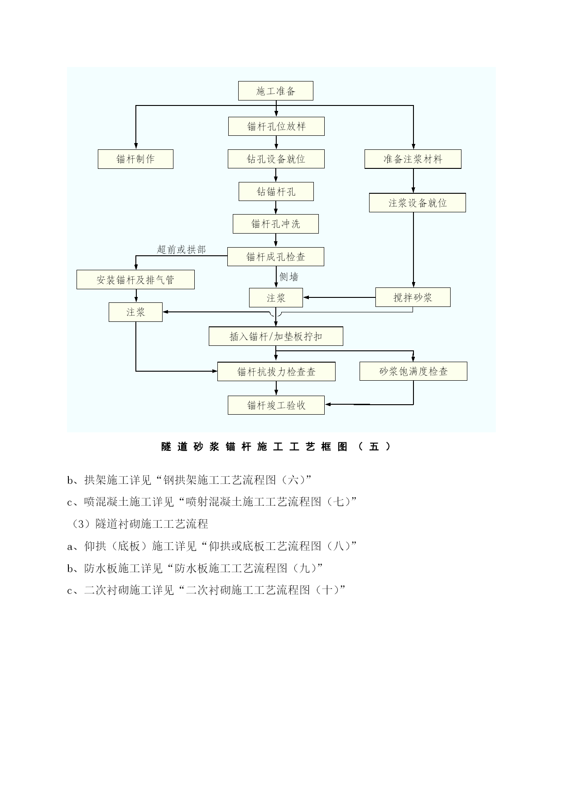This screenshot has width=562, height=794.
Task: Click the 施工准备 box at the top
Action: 275,91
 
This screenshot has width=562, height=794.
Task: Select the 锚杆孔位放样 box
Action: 276,126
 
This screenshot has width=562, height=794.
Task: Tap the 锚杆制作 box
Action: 135,159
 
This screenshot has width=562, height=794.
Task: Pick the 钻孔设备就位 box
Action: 276,159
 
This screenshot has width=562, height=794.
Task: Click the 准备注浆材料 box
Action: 413,159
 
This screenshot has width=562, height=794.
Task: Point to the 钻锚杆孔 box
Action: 276,191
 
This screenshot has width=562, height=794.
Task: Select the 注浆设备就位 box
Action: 417,203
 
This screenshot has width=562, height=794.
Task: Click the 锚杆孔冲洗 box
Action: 275,224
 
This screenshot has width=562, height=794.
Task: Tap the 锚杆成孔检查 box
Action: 275,257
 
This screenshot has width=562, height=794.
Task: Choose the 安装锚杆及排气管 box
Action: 135,280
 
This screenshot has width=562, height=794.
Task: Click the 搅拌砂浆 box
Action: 413,297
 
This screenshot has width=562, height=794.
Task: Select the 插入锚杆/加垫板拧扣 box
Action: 276,336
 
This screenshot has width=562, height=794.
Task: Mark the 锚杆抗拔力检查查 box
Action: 276,372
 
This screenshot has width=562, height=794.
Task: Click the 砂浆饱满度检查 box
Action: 413,371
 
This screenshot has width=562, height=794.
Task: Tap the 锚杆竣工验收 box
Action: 276,405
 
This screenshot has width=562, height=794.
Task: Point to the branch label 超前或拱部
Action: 181,249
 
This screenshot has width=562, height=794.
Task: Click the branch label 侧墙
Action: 289,277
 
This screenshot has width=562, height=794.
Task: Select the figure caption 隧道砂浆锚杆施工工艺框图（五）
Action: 276,447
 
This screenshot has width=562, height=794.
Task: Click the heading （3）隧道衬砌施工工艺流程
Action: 138,524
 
